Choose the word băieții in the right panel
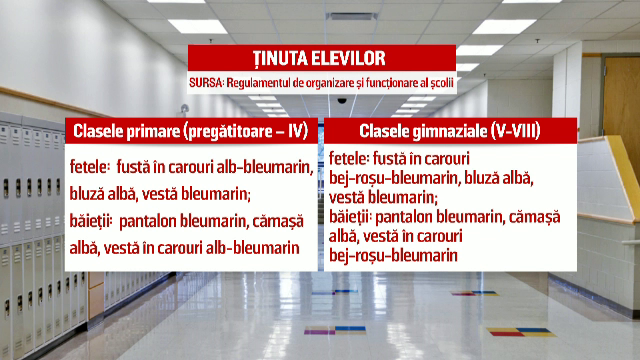coord(353,217)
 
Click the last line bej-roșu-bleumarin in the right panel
coord(393,256)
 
